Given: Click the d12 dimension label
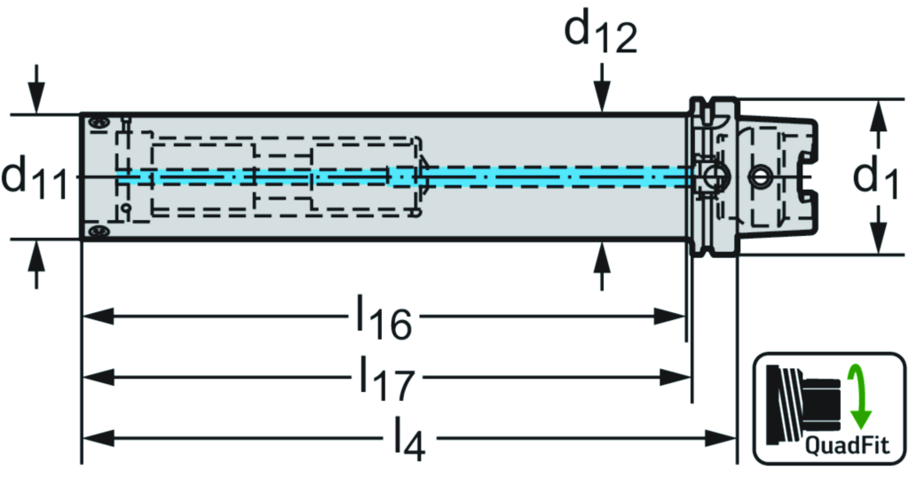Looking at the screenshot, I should pyautogui.click(x=600, y=33).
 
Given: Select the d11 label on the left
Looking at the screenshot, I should pyautogui.click(x=36, y=176).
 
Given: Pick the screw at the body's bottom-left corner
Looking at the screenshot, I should pyautogui.click(x=97, y=231).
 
